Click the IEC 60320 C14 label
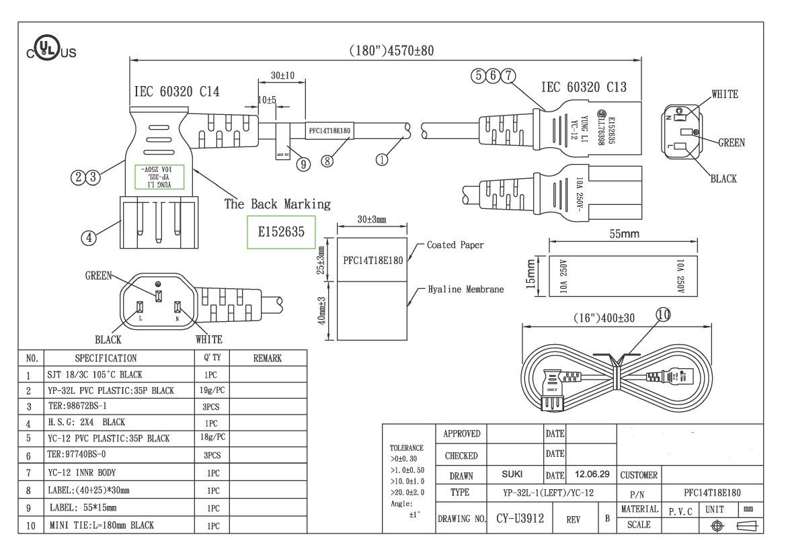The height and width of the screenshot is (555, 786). point(177,92)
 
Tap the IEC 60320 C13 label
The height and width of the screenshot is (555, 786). point(584,87)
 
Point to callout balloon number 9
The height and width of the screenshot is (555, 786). point(303,165)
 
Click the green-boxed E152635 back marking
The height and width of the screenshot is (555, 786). point(282,232)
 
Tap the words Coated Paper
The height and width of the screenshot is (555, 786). point(455,245)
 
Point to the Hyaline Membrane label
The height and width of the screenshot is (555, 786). point(466,290)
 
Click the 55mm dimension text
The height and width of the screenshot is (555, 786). point(624,234)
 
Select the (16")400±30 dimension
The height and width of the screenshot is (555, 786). point(603,318)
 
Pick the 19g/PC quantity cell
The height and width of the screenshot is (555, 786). point(212,390)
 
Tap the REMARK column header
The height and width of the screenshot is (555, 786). point(268,359)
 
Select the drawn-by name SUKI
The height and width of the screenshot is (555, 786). point(512,474)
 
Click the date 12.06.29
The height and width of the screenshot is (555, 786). point(592,474)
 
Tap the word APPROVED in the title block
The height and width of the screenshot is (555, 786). point(462,434)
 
